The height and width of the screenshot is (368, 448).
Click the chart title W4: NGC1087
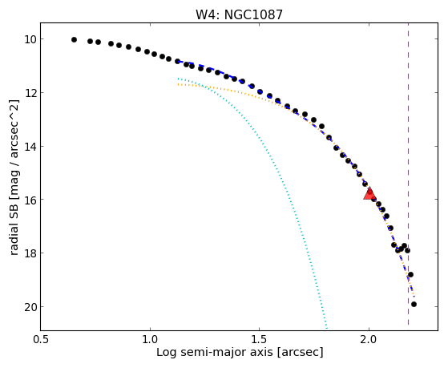239,14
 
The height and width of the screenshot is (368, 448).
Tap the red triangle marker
369,193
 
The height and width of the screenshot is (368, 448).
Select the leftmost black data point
74,40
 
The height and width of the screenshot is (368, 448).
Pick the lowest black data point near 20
414,304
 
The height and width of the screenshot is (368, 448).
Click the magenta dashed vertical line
408,174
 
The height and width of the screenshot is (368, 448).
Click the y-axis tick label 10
30,39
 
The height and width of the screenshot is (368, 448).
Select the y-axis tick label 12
30,93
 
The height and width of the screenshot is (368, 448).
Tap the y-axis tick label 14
30,147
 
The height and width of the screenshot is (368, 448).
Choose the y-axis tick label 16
30,200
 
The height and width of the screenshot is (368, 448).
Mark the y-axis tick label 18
30,253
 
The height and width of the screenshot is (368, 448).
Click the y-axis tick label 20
30,307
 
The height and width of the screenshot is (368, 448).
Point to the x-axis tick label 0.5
41,340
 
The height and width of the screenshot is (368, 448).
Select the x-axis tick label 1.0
150,340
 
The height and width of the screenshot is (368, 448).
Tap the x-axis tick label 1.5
259,340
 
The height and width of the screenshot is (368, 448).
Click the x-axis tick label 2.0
369,340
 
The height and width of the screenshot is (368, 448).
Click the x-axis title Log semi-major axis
215,352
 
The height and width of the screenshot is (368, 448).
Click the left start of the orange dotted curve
178,84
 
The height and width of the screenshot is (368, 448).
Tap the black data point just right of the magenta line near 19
410,275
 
